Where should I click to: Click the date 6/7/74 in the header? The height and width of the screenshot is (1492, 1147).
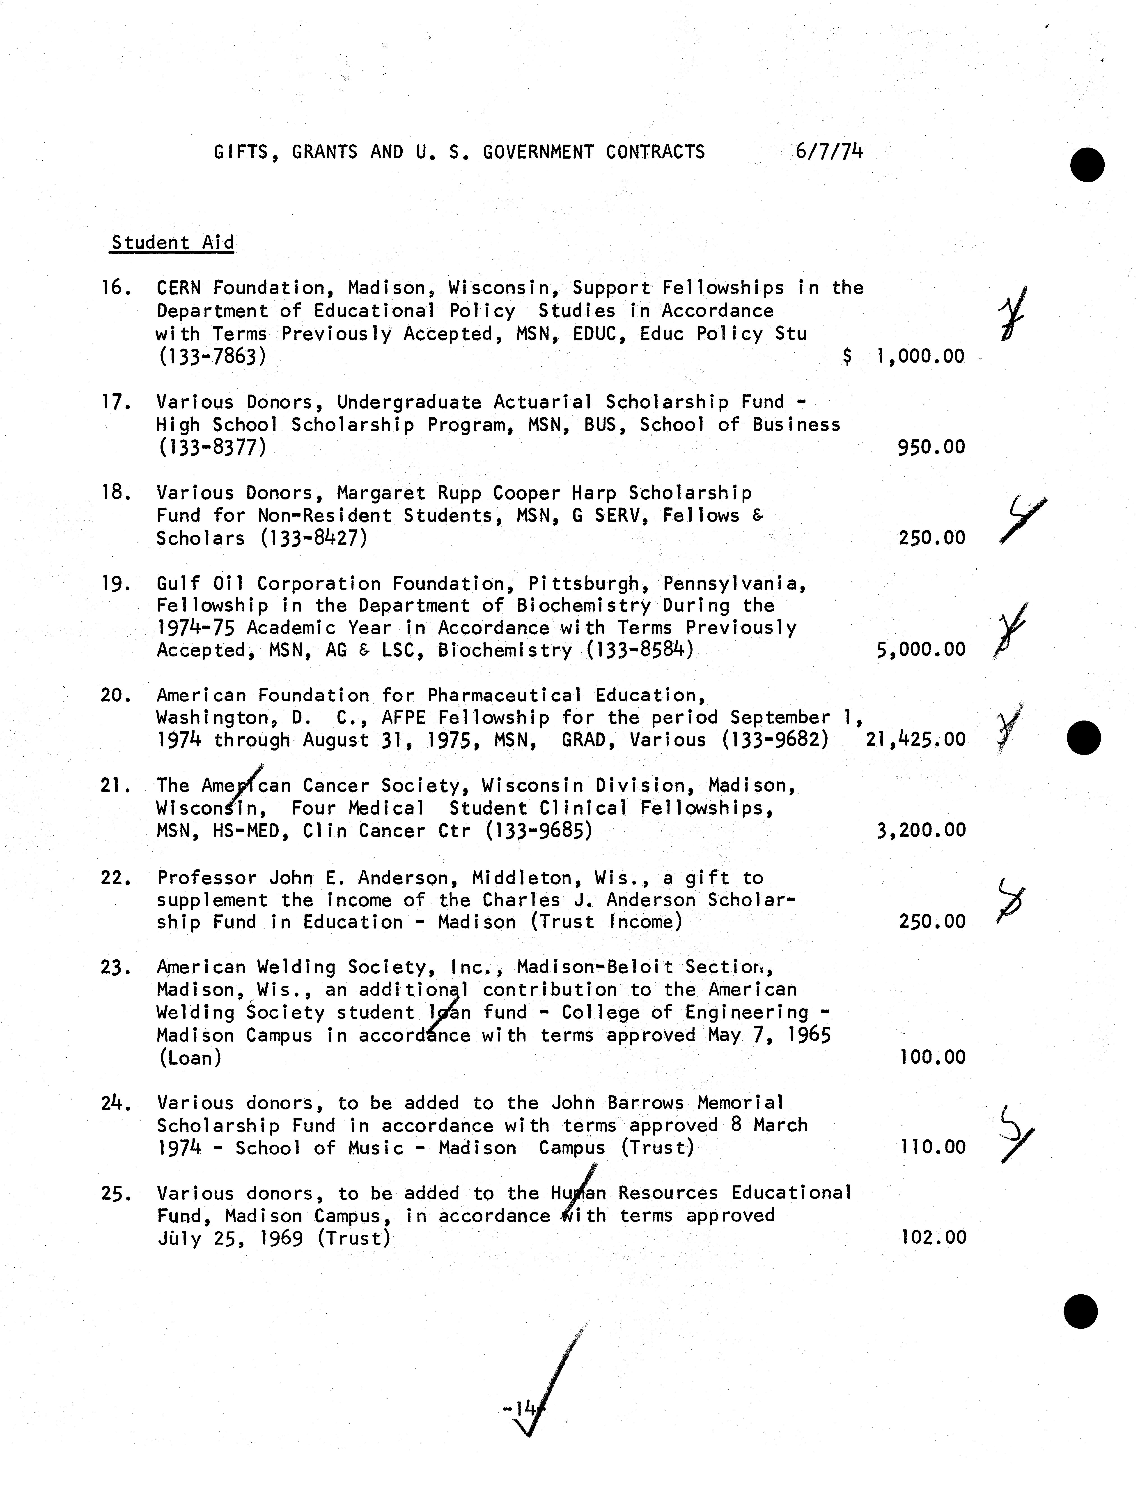tap(829, 151)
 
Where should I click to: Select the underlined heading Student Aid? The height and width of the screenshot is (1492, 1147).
tap(172, 243)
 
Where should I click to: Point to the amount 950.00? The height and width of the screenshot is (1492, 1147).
tap(931, 448)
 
